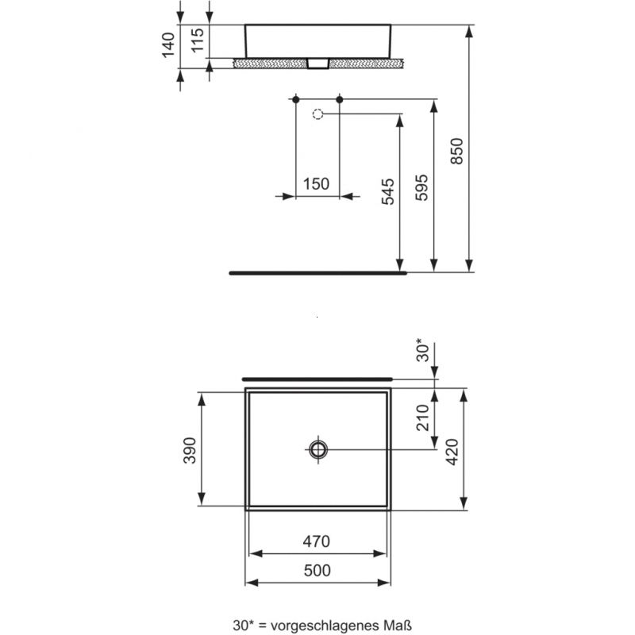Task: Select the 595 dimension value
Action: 422,187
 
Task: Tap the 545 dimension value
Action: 387,192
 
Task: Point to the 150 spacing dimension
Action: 316,183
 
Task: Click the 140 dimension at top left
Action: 168,45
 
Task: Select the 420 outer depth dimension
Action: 452,449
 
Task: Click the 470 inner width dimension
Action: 316,542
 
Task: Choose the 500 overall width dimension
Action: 316,571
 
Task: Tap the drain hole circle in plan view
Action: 318,449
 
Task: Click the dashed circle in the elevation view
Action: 317,114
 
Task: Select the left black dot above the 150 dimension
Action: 295,99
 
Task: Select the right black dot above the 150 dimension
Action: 340,99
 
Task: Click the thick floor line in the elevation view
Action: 317,271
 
